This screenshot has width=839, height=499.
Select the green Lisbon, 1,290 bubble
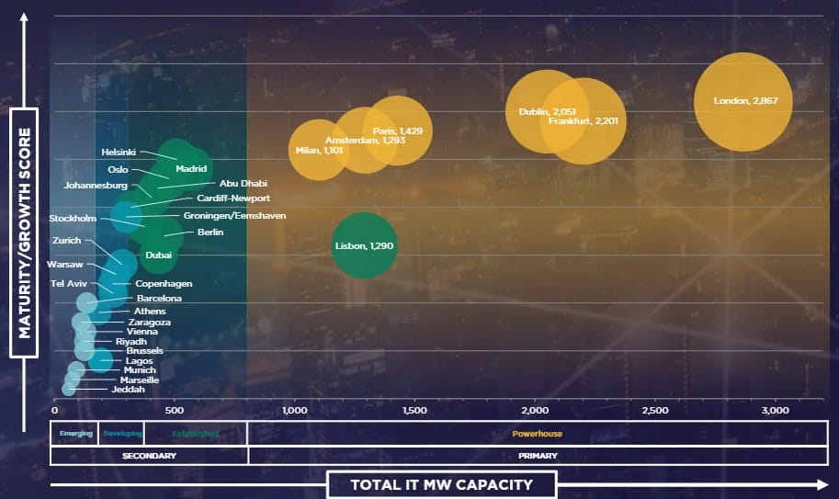[364, 245]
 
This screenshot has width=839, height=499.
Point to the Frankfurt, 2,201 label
[583, 120]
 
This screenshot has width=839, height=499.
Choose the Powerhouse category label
[537, 433]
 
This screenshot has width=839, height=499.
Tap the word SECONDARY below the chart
[149, 455]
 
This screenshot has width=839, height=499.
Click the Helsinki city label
[119, 152]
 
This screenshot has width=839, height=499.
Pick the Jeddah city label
[128, 390]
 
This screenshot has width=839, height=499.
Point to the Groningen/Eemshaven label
[234, 215]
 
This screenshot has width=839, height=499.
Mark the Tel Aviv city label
[69, 283]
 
